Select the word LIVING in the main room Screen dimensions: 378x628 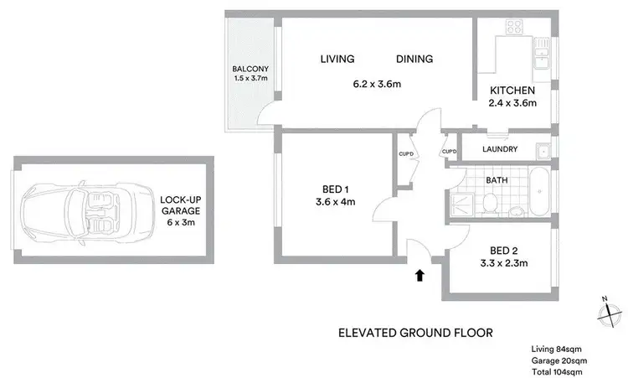(337, 60)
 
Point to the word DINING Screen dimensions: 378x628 (414, 60)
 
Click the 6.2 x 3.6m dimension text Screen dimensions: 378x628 (377, 84)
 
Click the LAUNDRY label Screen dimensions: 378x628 (500, 150)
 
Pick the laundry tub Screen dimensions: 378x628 (543, 150)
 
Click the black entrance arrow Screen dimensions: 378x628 (420, 274)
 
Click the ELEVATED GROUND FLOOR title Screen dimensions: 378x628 (415, 332)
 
